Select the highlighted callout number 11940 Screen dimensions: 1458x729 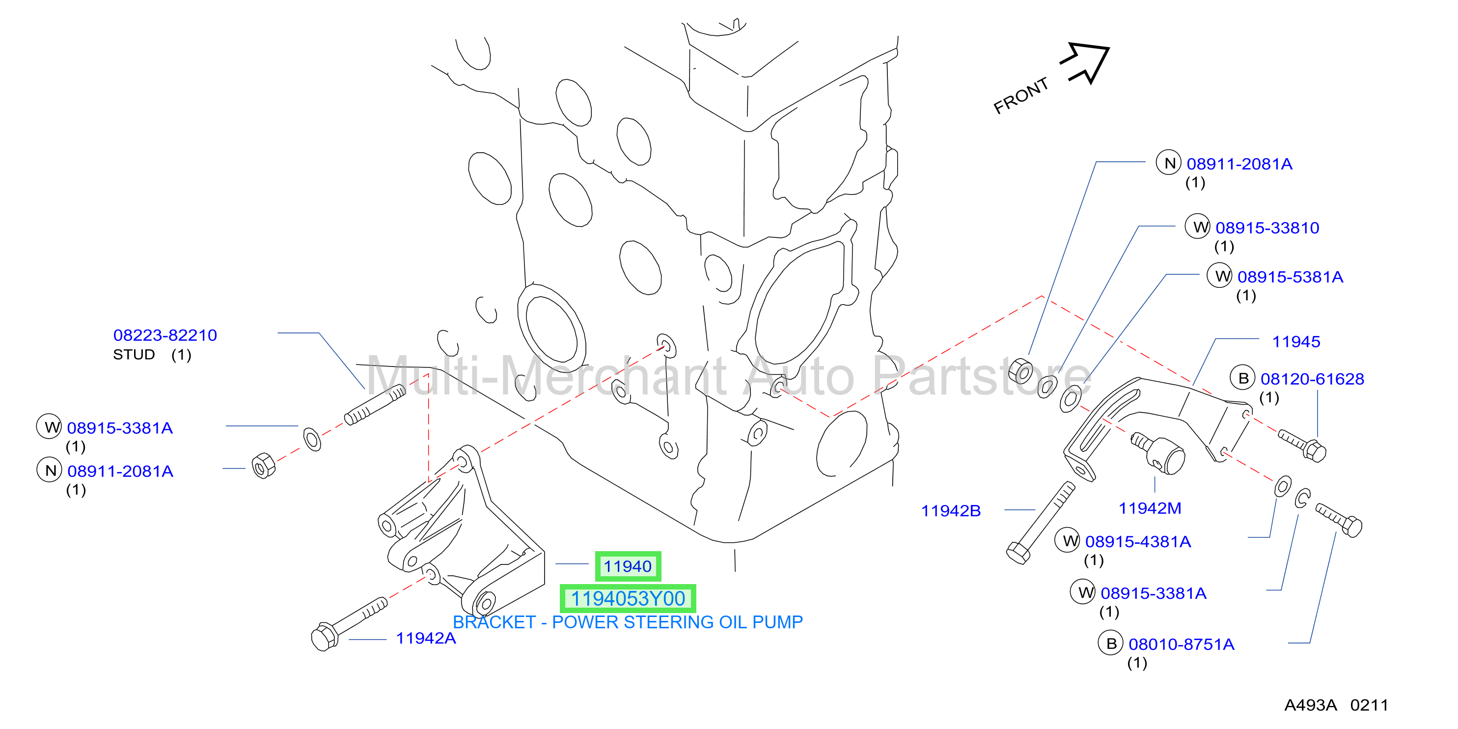pyautogui.click(x=628, y=566)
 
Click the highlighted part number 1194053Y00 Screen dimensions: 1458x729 pyautogui.click(x=628, y=598)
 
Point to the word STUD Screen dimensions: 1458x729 pyautogui.click(x=134, y=354)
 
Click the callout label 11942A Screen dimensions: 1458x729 pyautogui.click(x=426, y=639)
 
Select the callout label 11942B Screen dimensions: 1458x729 pyautogui.click(x=951, y=511)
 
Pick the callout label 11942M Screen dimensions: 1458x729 pyautogui.click(x=1150, y=508)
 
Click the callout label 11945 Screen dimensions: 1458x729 pyautogui.click(x=1296, y=342)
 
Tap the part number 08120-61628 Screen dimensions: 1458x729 pyautogui.click(x=1313, y=379)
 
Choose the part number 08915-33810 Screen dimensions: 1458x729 pyautogui.click(x=1267, y=227)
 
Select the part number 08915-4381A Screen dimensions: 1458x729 pyautogui.click(x=1138, y=542)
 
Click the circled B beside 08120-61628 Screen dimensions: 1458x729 pyautogui.click(x=1243, y=378)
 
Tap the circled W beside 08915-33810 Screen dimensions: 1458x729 pyautogui.click(x=1198, y=227)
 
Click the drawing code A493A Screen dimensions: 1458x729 pyautogui.click(x=1310, y=705)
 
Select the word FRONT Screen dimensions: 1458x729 pyautogui.click(x=1021, y=96)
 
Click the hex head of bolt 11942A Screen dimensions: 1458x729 pyautogui.click(x=324, y=637)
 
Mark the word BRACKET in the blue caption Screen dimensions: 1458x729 pyautogui.click(x=494, y=622)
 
